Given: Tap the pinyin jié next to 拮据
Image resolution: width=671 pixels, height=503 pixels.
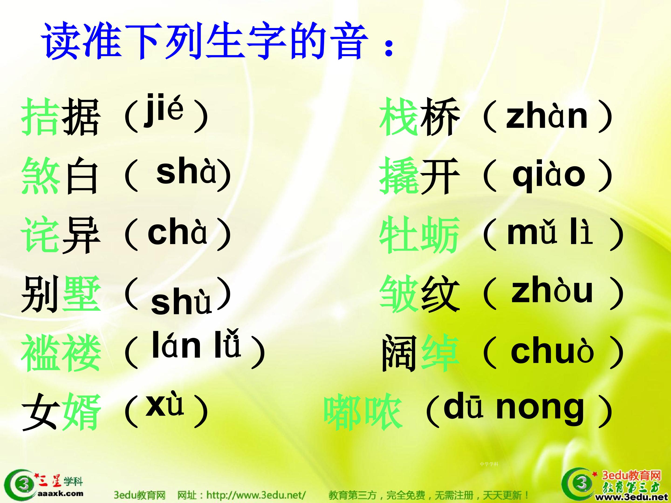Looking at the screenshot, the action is pos(164,109).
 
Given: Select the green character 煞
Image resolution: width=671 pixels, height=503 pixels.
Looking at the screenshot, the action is pos(41,176).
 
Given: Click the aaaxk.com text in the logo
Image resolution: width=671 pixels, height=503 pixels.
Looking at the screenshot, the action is pos(60,493).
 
